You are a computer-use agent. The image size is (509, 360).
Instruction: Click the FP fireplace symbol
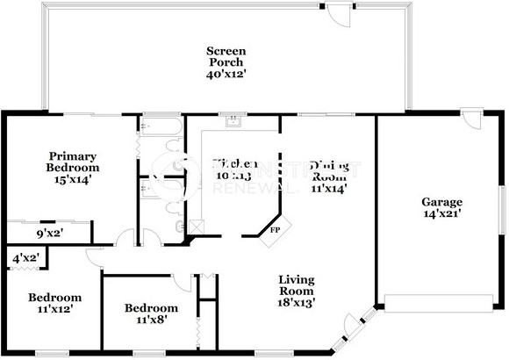273,230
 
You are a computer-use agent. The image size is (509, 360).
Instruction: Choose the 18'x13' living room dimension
297,302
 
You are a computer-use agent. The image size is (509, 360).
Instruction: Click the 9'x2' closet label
49,234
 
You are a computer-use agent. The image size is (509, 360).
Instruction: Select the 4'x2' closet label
25,258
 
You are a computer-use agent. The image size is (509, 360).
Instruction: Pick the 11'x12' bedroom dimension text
54,309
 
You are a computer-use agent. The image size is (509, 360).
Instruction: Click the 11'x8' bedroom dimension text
151,320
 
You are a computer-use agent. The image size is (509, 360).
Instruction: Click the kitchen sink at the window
233,122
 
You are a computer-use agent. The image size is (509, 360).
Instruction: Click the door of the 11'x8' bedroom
182,282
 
